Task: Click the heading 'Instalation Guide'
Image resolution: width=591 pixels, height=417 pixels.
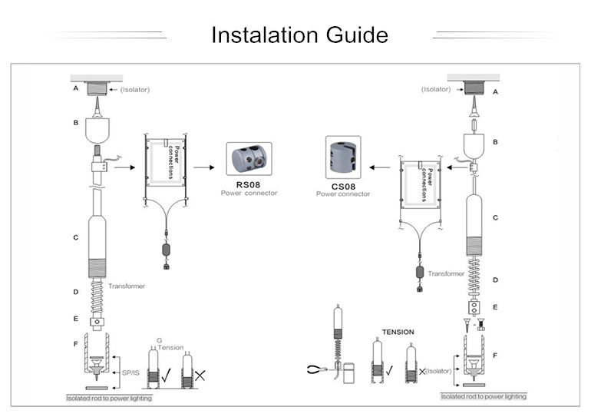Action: [299, 35]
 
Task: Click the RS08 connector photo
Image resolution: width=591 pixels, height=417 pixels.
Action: [248, 160]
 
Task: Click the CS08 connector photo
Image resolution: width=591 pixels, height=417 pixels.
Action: [343, 158]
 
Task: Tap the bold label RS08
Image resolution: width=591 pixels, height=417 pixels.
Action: [248, 184]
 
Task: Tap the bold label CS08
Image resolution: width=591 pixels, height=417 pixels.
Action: [342, 185]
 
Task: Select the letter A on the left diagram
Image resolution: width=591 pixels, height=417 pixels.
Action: [75, 89]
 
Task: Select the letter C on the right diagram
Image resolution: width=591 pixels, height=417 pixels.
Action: [495, 217]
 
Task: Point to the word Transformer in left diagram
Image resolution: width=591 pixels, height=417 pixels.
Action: [127, 286]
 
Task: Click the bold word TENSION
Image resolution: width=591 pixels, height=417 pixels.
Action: [398, 332]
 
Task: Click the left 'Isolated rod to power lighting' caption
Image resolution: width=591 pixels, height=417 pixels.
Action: [108, 399]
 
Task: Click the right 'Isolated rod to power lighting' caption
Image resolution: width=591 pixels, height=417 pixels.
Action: [483, 396]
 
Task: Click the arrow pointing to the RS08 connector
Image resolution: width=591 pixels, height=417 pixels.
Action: [206, 166]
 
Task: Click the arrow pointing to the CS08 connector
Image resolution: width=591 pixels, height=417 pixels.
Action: [379, 166]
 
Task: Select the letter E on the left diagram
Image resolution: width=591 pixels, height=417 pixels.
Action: [75, 319]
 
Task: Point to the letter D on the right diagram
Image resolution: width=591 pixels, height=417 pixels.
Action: [495, 280]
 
